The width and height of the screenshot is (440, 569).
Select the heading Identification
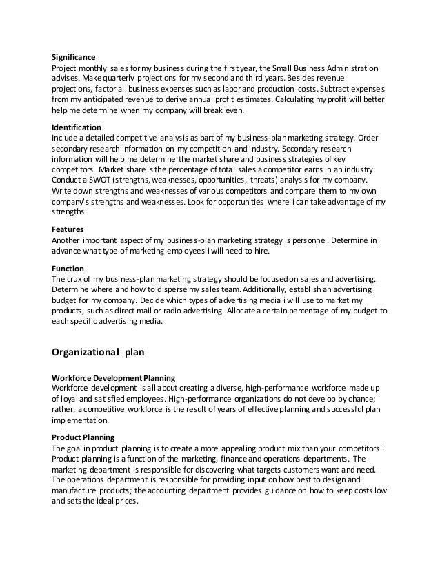pyautogui.click(x=77, y=128)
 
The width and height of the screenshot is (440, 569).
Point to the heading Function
pyautogui.click(x=68, y=268)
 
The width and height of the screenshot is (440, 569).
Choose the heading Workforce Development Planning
pyautogui.click(x=114, y=378)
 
